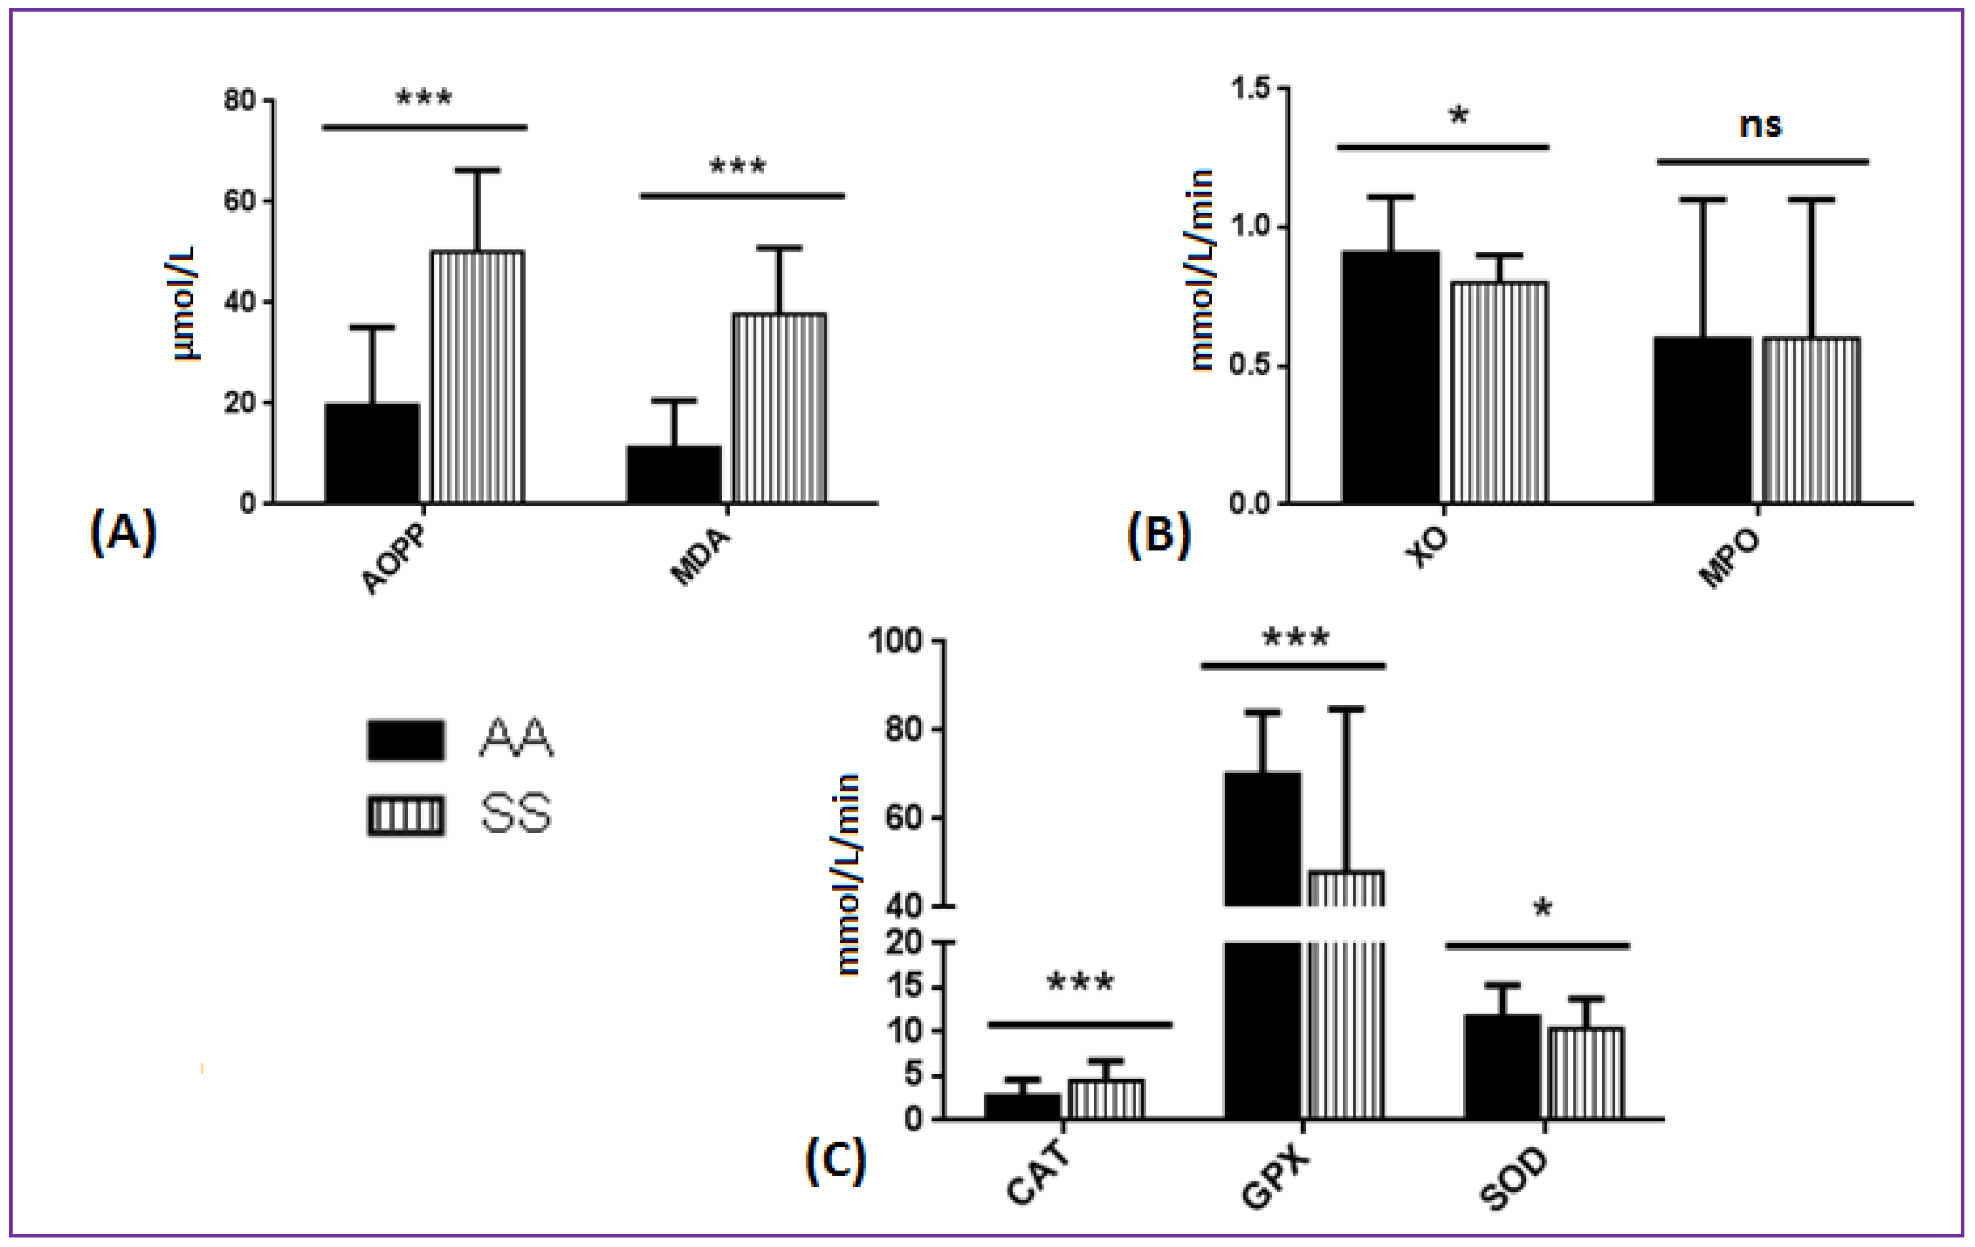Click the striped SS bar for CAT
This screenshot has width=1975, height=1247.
coord(1105,1099)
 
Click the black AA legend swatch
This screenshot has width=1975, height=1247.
coord(406,740)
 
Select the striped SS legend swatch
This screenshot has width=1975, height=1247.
coord(406,816)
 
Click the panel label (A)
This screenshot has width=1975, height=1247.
coord(123,532)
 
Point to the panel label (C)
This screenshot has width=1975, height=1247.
coord(835,1160)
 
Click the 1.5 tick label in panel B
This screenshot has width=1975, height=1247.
coord(1251,88)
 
